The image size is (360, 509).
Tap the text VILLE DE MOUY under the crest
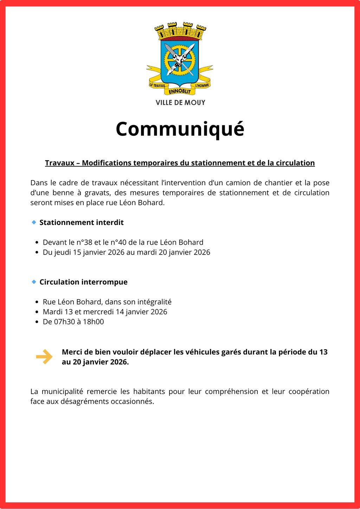[x=180, y=103]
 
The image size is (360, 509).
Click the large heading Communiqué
[x=180, y=129]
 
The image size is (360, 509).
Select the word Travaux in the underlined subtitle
[x=60, y=163]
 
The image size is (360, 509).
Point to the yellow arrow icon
[x=44, y=357]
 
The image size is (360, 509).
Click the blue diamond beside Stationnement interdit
[x=34, y=222]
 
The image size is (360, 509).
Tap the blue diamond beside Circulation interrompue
[x=34, y=282]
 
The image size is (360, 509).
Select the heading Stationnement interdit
[x=82, y=223]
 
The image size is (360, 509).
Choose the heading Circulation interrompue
[x=83, y=282]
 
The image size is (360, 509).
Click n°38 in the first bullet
[x=84, y=242]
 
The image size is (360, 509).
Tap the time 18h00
[x=93, y=322]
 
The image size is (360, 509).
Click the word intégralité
[x=154, y=302]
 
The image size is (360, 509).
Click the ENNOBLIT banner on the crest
[x=180, y=91]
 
